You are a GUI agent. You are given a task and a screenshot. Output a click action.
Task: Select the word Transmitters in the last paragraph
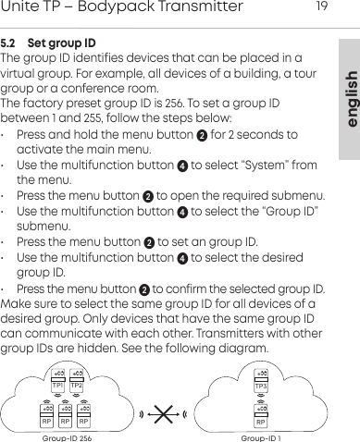pyautogui.click(x=244, y=332)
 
